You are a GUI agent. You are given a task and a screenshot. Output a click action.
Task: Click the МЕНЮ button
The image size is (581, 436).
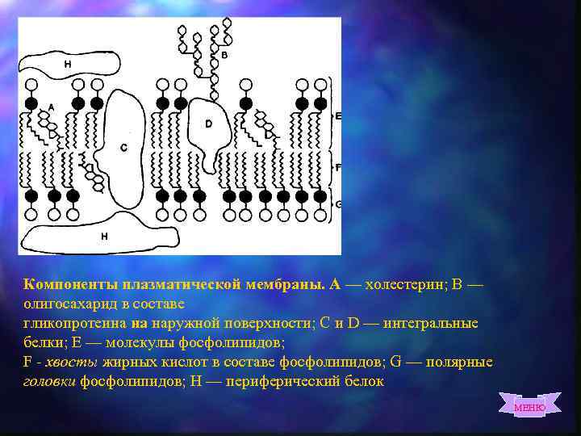pyautogui.click(x=529, y=407)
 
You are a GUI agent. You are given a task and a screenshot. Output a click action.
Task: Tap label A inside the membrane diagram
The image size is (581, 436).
pyautogui.click(x=51, y=107)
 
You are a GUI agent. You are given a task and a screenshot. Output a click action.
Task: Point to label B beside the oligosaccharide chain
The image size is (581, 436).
pyautogui.click(x=224, y=55)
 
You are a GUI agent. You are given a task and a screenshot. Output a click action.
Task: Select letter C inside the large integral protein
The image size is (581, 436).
pyautogui.click(x=123, y=147)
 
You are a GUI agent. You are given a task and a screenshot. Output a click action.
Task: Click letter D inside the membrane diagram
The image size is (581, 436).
pyautogui.click(x=208, y=124)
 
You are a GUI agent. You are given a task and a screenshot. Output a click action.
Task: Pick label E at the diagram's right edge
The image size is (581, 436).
pyautogui.click(x=338, y=116)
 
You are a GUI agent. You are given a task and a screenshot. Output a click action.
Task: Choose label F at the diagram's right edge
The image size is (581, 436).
pyautogui.click(x=338, y=166)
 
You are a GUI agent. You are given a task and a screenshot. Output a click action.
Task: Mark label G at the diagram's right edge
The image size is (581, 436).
pyautogui.click(x=338, y=204)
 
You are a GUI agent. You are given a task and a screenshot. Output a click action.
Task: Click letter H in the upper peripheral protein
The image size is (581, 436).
pyautogui.click(x=67, y=64)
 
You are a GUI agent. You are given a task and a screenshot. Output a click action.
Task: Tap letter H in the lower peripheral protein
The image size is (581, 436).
pyautogui.click(x=104, y=236)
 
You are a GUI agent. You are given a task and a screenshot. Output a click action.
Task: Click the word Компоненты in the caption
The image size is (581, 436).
pyautogui.click(x=72, y=284)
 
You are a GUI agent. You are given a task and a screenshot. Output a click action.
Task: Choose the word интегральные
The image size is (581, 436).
pyautogui.click(x=432, y=323)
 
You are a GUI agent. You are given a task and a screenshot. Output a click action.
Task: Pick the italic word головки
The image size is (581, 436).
pyautogui.click(x=49, y=381)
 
